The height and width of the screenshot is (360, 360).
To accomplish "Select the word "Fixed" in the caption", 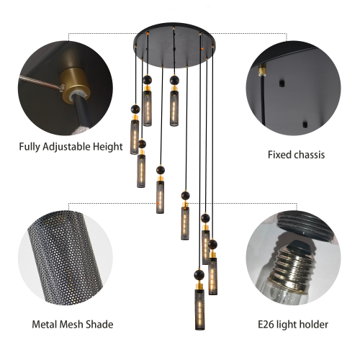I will click(x=279, y=154).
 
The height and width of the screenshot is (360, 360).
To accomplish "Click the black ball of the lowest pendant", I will click(x=197, y=275).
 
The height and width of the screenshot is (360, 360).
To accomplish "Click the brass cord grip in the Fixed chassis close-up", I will click(x=264, y=73).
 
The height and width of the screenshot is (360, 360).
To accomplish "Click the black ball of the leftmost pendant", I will click(x=134, y=109).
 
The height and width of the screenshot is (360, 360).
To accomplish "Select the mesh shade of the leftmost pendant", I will click(x=135, y=137).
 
